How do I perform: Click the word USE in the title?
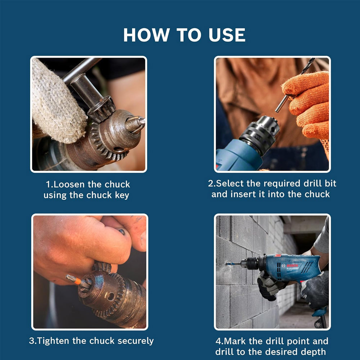click(227, 35)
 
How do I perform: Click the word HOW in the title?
click(146, 35)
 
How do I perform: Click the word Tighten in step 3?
click(53, 341)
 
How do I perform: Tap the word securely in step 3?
click(135, 341)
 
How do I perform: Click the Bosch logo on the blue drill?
click(292, 266)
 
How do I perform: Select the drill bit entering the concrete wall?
click(233, 264)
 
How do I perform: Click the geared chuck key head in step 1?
click(102, 109)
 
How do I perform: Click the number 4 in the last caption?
click(218, 341)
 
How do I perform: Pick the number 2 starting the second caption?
click(211, 184)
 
